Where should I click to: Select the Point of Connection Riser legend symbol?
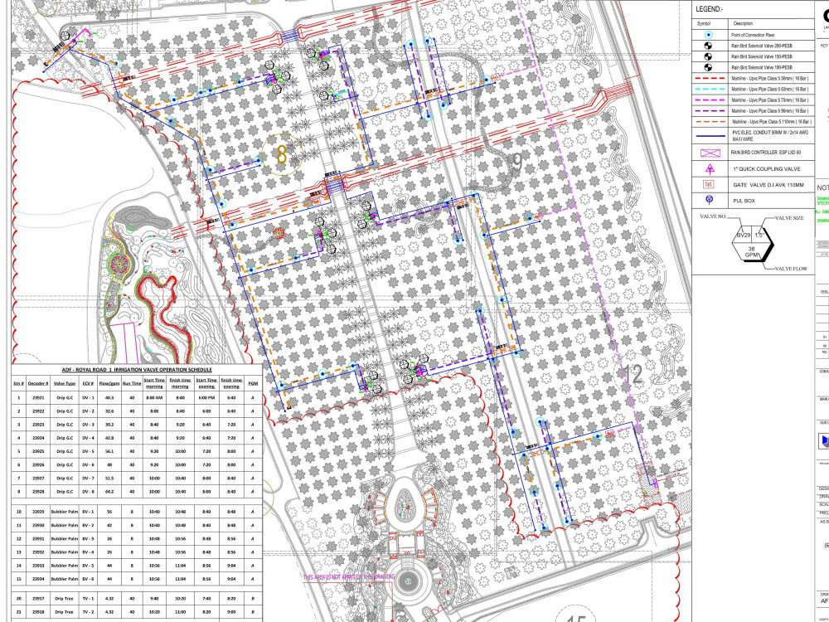pos(708,36)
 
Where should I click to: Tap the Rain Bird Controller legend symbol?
pos(708,153)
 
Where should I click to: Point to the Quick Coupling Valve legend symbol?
pos(708,168)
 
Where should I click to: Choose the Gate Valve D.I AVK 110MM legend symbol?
pos(708,183)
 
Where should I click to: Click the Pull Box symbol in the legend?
pos(708,200)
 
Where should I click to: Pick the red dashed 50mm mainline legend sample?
pos(708,77)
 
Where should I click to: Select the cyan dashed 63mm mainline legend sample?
pos(708,88)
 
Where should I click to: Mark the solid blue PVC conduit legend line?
pos(708,134)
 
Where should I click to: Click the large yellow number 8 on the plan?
pos(282,153)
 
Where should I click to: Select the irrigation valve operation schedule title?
pos(137,369)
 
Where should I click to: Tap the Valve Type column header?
pos(65,383)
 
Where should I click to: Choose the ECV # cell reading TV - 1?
pos(87,597)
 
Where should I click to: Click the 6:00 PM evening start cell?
pos(206,398)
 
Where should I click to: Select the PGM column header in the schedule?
pos(252,383)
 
